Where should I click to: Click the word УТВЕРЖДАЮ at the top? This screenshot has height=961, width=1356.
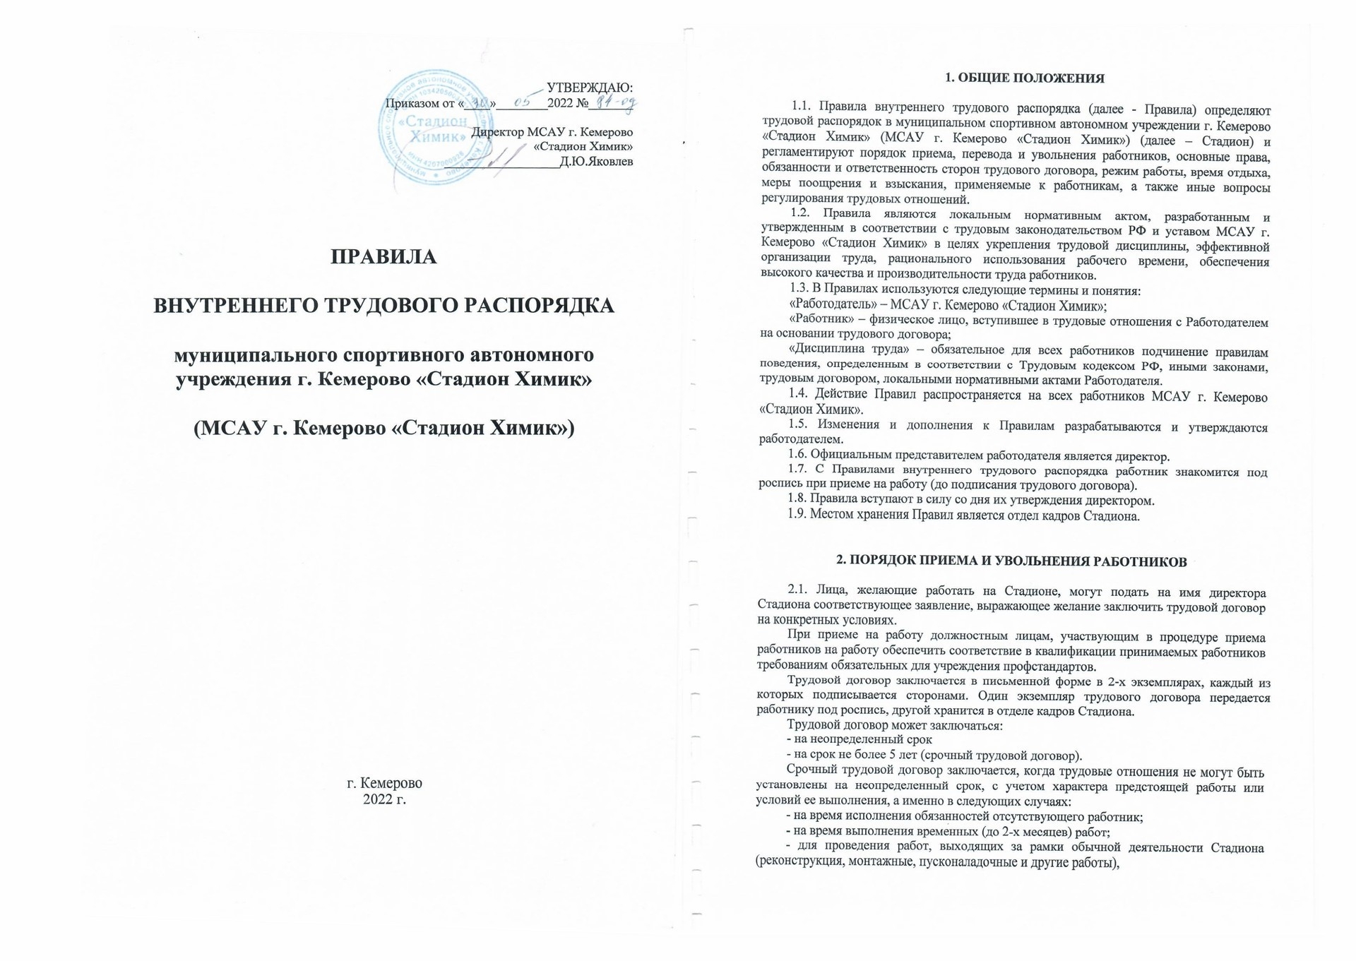590,88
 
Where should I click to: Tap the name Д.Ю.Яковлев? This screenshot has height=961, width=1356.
596,162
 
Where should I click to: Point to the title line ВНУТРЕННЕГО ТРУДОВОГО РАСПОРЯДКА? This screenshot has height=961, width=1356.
384,306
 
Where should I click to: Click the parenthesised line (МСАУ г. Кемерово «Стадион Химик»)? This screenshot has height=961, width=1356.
384,427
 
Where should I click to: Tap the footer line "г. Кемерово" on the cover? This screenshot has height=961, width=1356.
384,783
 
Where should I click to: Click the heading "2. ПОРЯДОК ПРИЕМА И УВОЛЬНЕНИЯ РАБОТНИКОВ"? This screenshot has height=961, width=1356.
1011,561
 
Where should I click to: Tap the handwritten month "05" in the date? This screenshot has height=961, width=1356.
523,103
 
